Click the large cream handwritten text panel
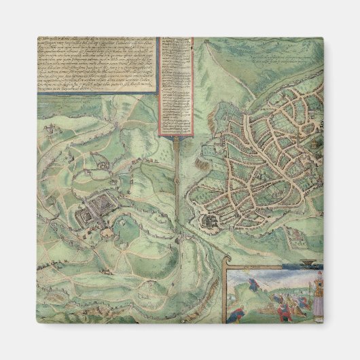95,64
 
